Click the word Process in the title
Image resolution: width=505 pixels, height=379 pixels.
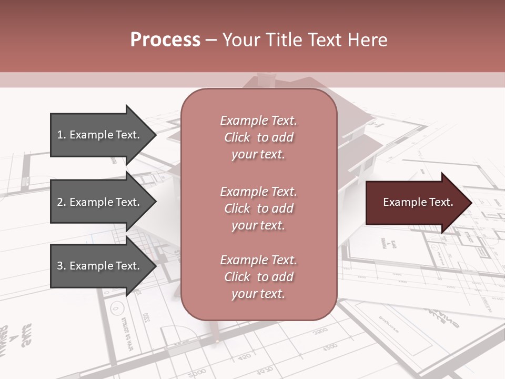[x=165, y=40]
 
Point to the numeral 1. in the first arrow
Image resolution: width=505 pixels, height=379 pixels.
[x=62, y=135]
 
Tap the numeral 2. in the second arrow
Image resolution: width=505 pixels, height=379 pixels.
[x=62, y=202]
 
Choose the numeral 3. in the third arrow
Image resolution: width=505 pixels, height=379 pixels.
[x=62, y=266]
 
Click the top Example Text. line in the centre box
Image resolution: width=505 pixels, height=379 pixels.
[x=258, y=121]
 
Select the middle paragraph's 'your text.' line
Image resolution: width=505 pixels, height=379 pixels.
[x=258, y=225]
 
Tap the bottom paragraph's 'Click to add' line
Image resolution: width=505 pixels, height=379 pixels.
[x=258, y=277]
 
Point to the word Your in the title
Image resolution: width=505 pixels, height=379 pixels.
[x=240, y=40]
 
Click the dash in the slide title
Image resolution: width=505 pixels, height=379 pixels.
[x=211, y=40]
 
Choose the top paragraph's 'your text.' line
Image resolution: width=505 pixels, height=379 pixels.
[x=258, y=154]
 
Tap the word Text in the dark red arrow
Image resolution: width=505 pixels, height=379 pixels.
[x=441, y=202]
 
